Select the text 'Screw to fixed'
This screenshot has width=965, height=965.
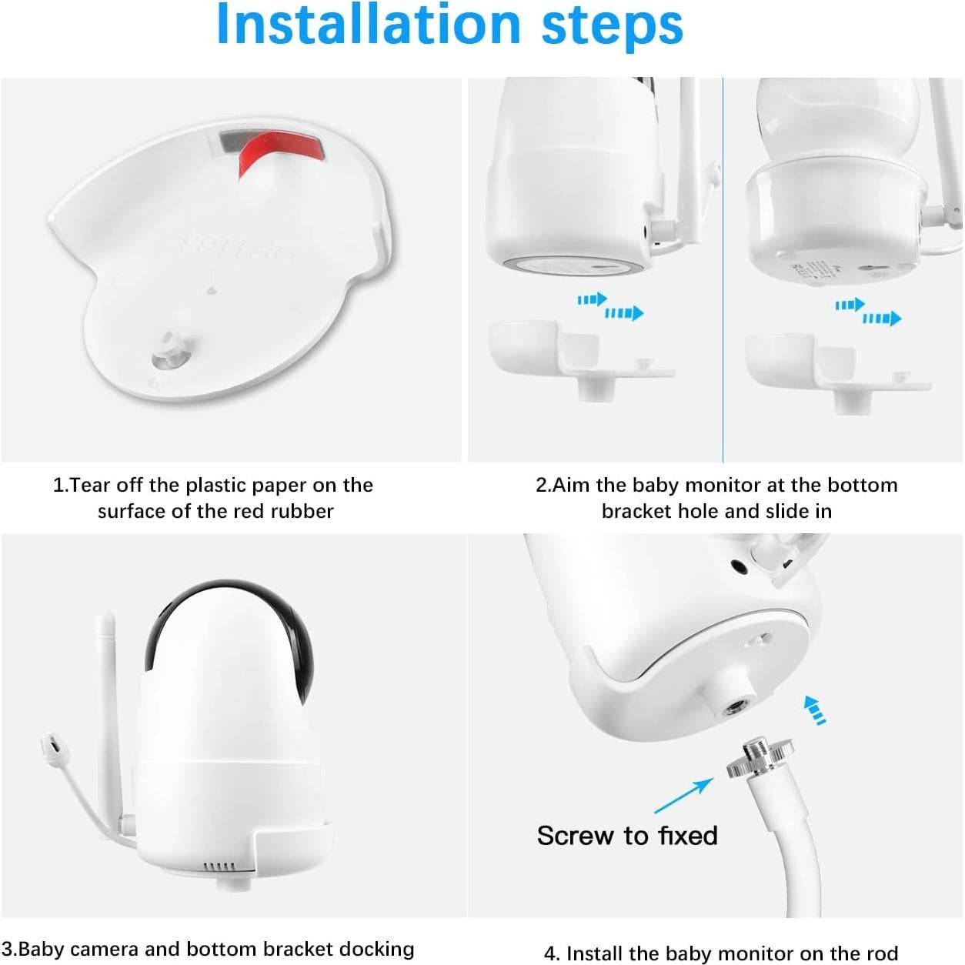click(x=627, y=836)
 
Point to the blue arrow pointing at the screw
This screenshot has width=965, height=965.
click(x=683, y=795)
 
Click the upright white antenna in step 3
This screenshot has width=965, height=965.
click(x=110, y=693)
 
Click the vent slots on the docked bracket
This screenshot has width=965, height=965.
click(x=219, y=866)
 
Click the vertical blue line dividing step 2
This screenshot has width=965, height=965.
click(x=723, y=269)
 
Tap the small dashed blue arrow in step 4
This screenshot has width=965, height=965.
click(x=815, y=710)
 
